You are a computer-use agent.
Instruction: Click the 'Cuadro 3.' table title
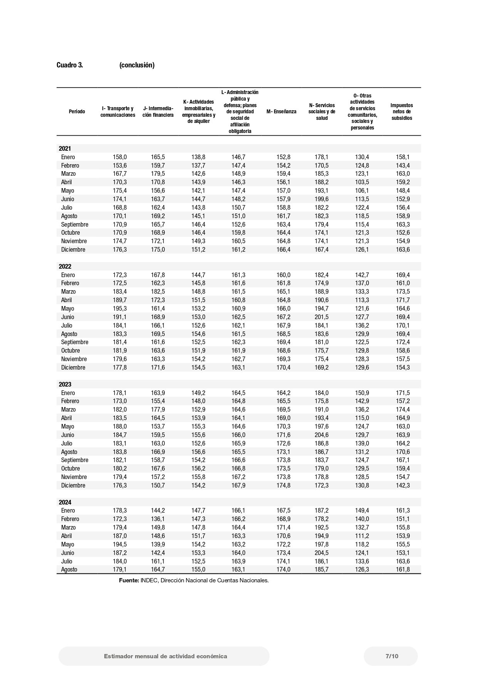coord(70,65)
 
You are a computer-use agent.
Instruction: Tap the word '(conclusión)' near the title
coord(137,65)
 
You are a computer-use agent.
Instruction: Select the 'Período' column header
coord(77,111)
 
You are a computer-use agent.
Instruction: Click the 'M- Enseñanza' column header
coord(282,111)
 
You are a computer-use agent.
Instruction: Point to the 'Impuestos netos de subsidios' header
coord(402,111)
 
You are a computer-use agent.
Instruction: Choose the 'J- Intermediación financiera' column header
coord(158,111)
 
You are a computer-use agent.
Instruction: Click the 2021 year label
coord(65,148)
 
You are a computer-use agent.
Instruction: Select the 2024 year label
coord(65,502)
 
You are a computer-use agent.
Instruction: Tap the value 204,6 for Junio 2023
coord(322,435)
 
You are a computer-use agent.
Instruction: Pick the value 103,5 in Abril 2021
coord(362,182)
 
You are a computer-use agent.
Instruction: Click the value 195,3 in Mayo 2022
coord(119,308)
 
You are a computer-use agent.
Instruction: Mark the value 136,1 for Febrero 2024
coord(158,519)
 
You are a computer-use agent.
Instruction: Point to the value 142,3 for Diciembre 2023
coord(403,485)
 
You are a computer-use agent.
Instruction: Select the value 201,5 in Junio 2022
coord(322,317)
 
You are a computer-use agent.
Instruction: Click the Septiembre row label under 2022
coord(75,342)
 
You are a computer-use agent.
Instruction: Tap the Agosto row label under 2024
coord(69,569)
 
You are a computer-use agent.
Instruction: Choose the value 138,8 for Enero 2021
coord(198,157)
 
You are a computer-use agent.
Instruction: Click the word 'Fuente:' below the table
coord(129,580)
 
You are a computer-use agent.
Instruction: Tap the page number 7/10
coord(392,656)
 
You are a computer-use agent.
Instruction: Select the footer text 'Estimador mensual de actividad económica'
coord(165,656)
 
